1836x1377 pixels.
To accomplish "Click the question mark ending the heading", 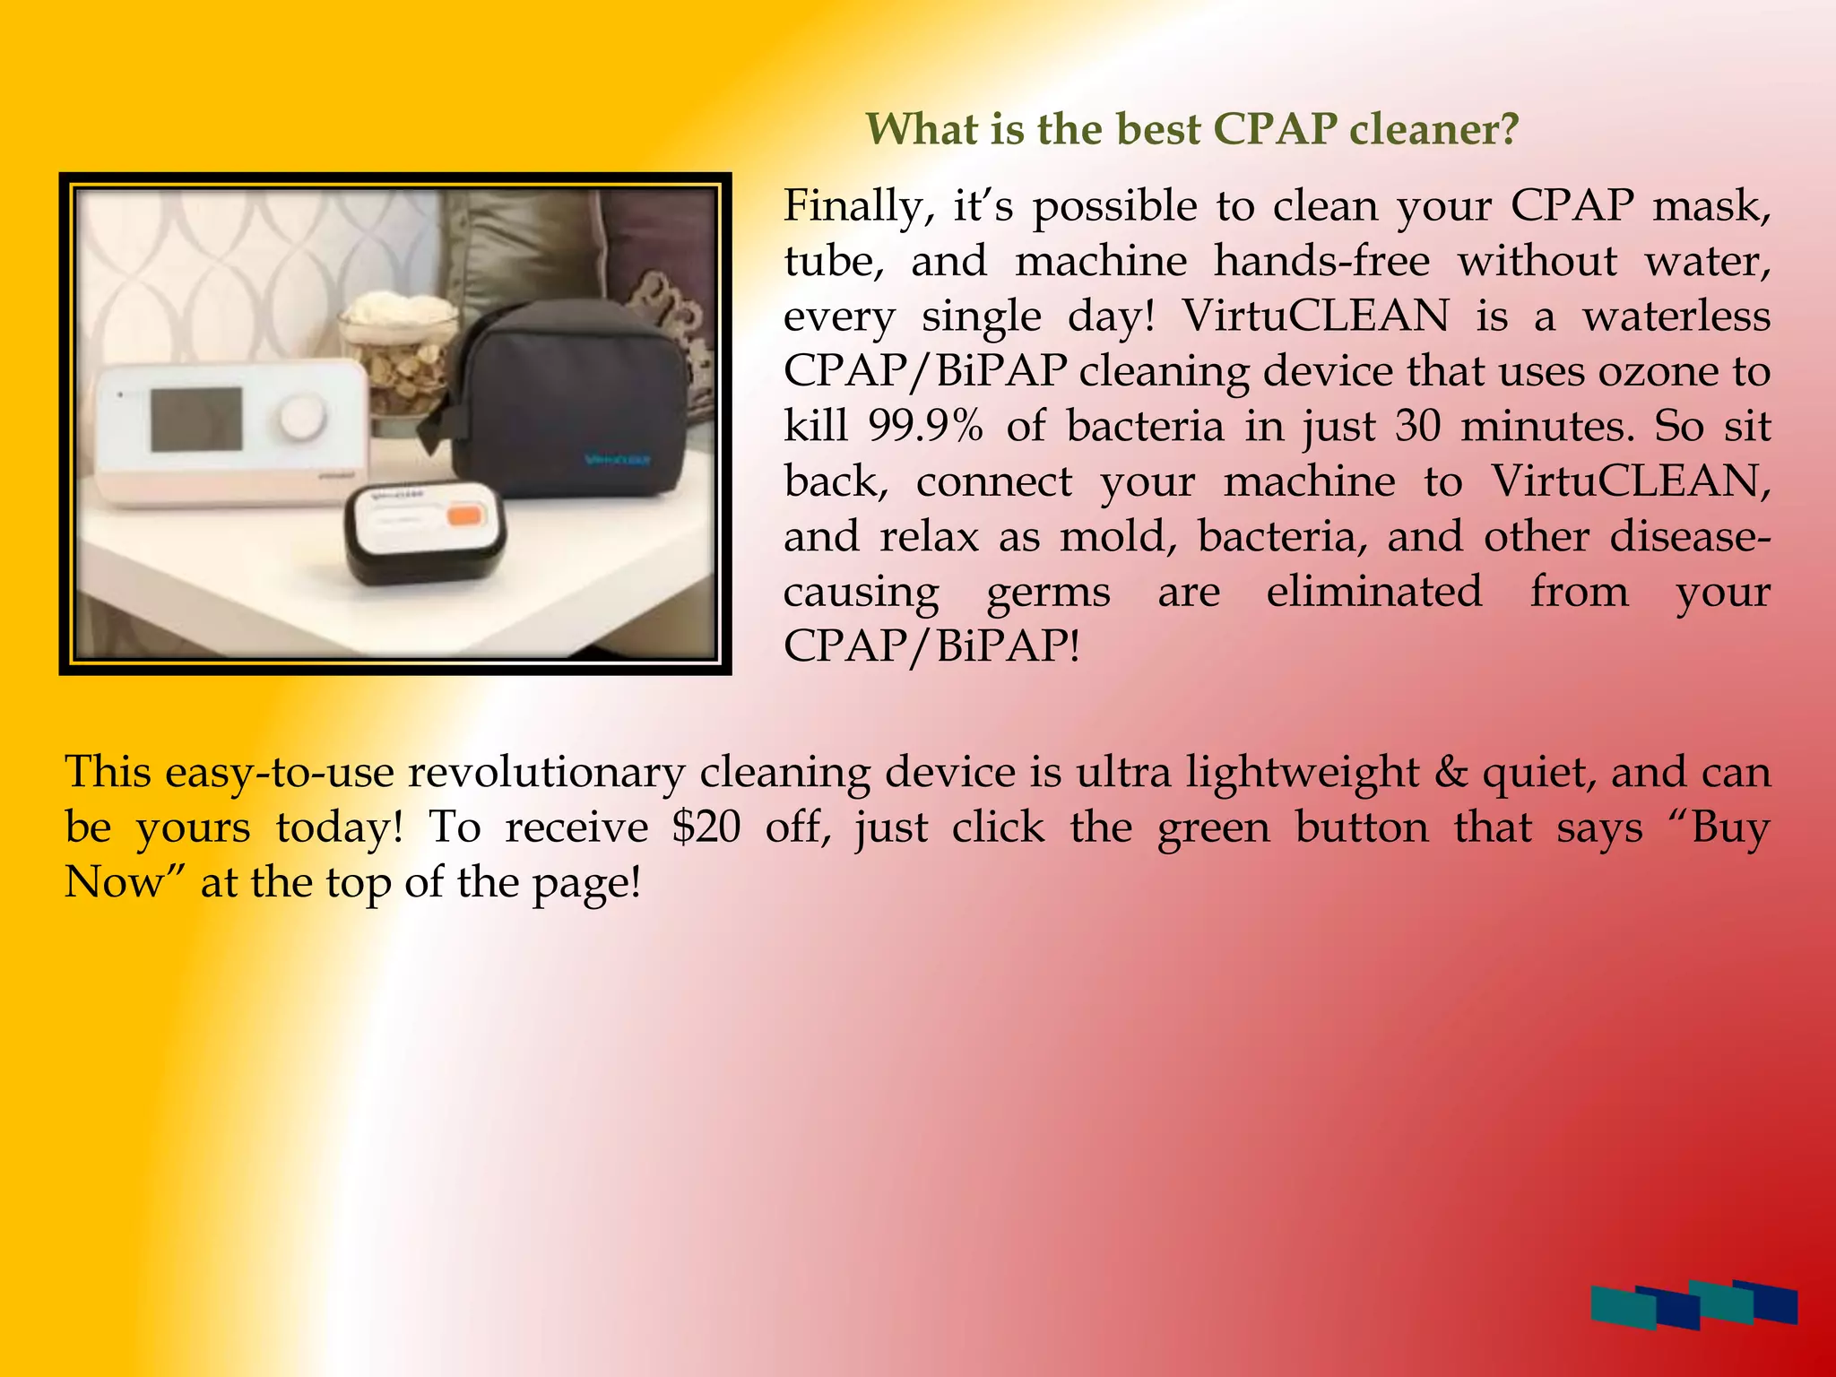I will [x=1509, y=130].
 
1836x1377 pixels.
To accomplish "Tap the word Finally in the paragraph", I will [x=852, y=207].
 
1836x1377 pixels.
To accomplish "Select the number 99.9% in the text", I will [x=925, y=426].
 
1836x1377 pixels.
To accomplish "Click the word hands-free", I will [x=1321, y=262].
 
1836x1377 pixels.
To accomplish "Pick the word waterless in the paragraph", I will [x=1676, y=316].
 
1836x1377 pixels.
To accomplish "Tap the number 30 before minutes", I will [x=1418, y=426].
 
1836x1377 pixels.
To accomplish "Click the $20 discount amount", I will [x=706, y=827].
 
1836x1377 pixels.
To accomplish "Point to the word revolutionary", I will [x=546, y=773].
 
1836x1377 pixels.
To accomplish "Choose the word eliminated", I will [x=1373, y=592].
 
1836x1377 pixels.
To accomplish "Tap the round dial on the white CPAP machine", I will [x=300, y=418].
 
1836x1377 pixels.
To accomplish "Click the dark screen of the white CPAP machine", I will [x=195, y=420].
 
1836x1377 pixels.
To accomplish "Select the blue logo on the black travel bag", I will [x=618, y=460].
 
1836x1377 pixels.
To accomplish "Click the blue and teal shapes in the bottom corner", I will [x=1693, y=1304].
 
